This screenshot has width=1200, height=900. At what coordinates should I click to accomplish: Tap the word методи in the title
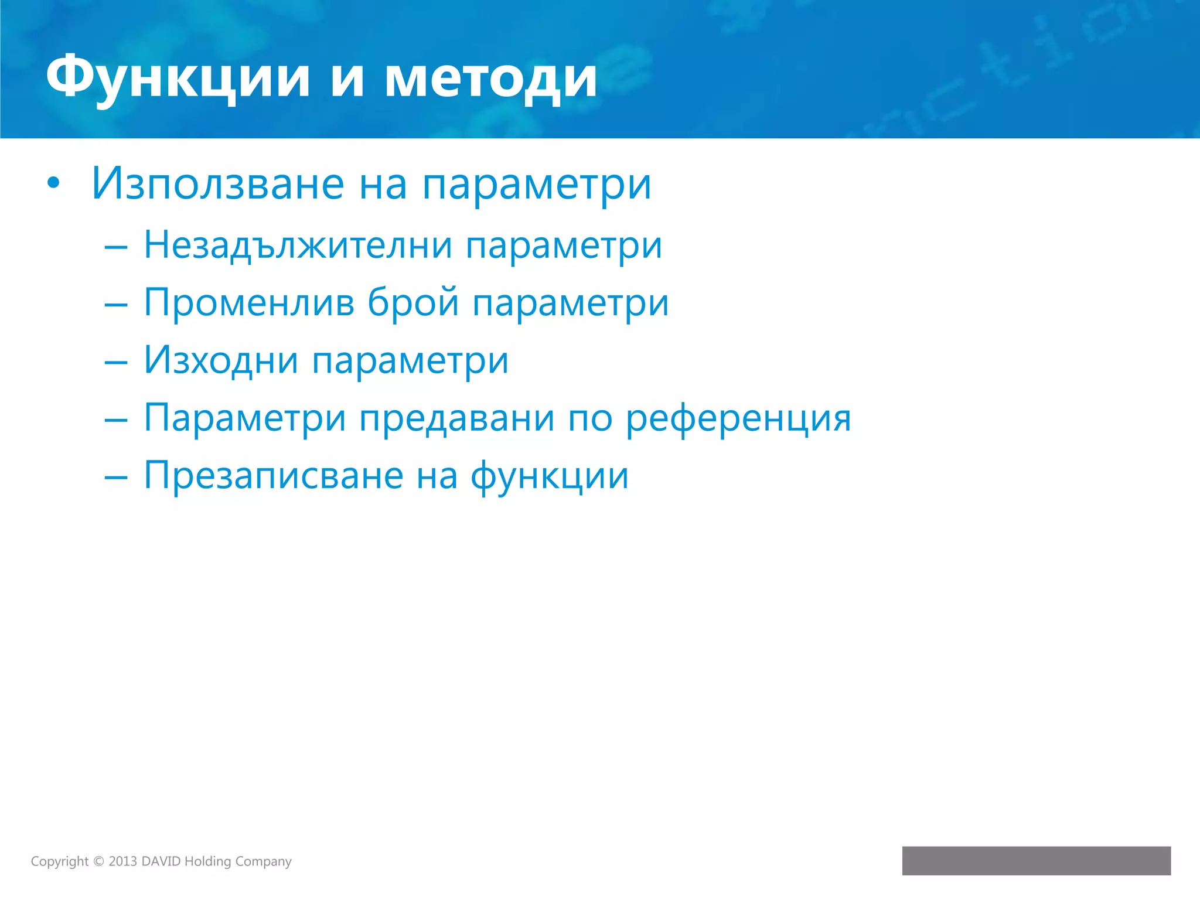tap(491, 77)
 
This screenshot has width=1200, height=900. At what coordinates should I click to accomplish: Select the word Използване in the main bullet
tap(217, 184)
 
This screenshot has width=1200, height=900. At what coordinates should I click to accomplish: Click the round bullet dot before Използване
tap(53, 183)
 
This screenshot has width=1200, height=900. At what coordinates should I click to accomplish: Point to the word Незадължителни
tap(298, 245)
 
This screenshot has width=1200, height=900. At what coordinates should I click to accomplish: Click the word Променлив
tap(249, 303)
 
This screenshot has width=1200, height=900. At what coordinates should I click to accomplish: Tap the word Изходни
tap(221, 360)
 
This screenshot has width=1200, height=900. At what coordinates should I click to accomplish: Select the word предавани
tap(457, 418)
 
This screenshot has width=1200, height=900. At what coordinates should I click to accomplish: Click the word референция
tap(738, 418)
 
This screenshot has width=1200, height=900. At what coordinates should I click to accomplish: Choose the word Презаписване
tap(273, 475)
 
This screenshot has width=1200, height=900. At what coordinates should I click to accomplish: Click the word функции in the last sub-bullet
tap(550, 475)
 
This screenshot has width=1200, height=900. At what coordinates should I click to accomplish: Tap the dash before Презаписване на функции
tap(115, 478)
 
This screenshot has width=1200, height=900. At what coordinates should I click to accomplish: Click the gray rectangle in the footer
tap(1036, 860)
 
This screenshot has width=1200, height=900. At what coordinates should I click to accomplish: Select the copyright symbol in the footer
tap(98, 861)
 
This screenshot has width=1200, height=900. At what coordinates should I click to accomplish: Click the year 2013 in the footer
tap(122, 861)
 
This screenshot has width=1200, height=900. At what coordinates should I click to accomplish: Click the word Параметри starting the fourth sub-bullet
tap(245, 418)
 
